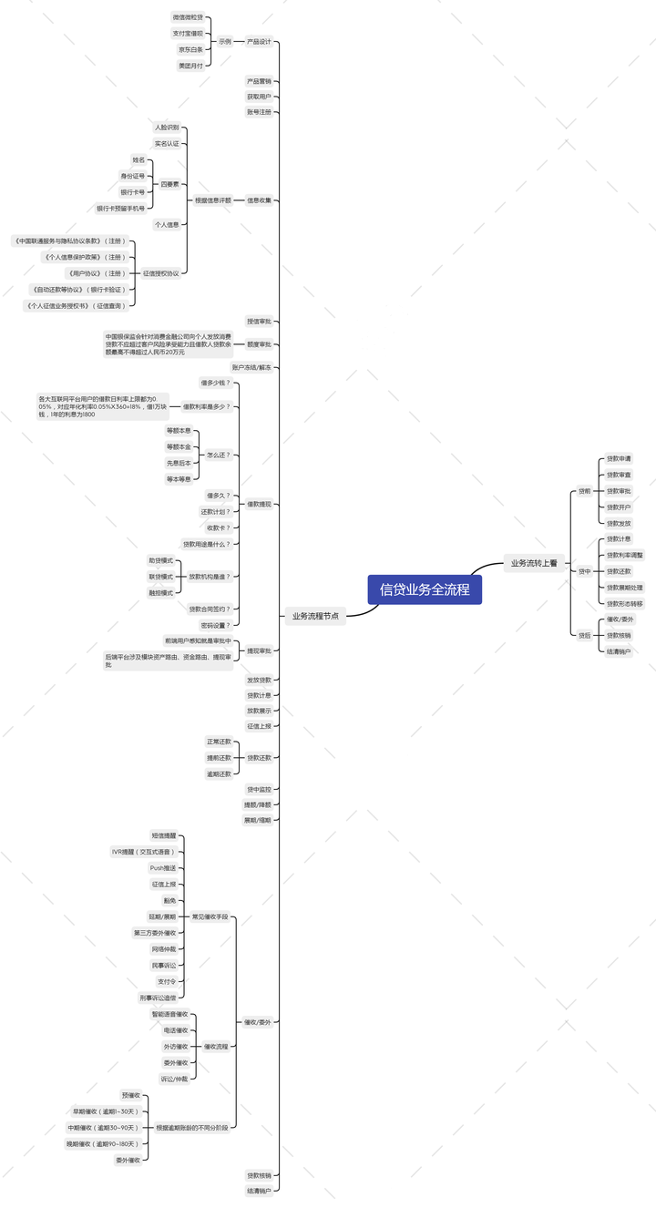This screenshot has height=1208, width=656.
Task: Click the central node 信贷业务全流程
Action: pos(425,589)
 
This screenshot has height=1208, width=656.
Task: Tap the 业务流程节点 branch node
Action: pos(315,616)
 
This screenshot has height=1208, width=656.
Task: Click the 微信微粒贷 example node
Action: pos(188,17)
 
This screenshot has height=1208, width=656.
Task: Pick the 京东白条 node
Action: pos(190,49)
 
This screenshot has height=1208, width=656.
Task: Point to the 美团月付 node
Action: pos(190,66)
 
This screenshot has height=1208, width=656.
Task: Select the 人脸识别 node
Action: pos(167,128)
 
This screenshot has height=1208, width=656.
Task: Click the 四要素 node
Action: pos(169,184)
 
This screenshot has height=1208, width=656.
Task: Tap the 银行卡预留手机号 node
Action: pos(120,209)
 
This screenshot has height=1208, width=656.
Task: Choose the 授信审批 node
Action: pos(259,322)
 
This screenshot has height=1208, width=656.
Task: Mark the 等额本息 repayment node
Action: pos(179,430)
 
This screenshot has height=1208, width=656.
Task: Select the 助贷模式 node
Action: pos(160,560)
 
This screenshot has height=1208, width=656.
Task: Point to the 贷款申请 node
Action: pos(619,458)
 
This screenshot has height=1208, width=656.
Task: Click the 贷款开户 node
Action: pos(619,507)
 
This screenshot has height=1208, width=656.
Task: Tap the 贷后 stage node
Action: pos(584,635)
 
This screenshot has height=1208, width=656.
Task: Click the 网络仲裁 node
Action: pos(164,949)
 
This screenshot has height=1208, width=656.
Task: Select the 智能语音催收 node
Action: pos(169,1014)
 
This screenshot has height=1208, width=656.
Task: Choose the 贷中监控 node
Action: pos(259,789)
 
